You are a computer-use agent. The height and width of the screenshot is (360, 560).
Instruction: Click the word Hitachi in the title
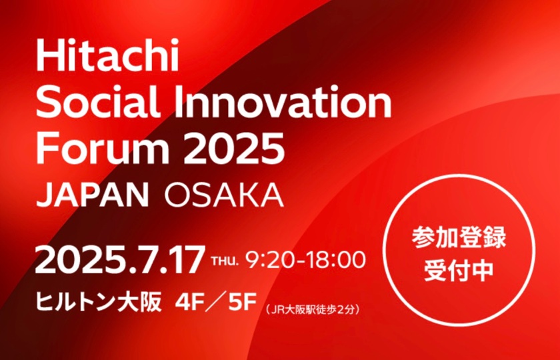(107, 55)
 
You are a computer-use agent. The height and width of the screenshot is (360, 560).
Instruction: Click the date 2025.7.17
(121, 260)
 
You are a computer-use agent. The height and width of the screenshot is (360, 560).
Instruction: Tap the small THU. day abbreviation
(225, 261)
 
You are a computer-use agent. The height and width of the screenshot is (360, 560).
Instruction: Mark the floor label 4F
(189, 303)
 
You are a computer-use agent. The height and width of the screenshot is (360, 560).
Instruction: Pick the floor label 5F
(243, 303)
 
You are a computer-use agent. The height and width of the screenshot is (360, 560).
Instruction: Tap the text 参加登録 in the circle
(459, 237)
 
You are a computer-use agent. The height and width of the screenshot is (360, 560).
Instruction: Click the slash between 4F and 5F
(216, 303)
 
